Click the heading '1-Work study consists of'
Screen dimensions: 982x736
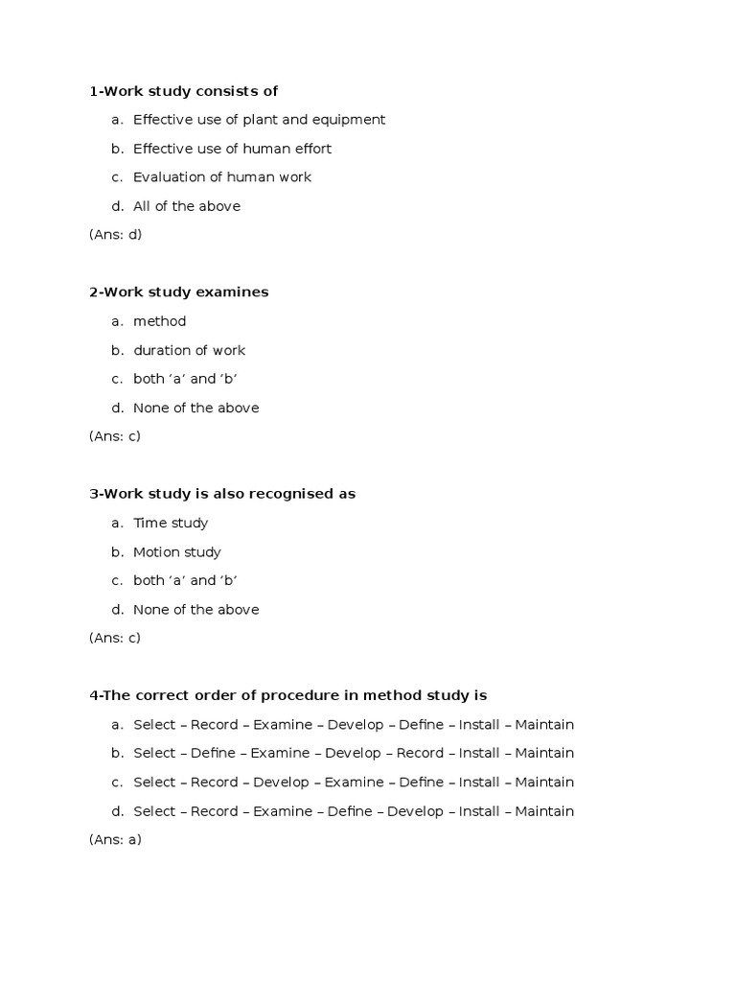[183, 91]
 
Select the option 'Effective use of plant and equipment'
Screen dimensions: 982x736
[259, 120]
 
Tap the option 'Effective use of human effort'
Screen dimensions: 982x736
[232, 149]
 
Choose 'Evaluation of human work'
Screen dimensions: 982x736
[221, 177]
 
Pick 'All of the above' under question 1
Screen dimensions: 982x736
[186, 206]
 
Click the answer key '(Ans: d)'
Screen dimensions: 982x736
[115, 235]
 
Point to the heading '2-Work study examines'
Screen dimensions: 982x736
[178, 292]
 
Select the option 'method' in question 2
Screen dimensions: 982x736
[159, 321]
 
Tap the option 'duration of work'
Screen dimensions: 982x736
[189, 350]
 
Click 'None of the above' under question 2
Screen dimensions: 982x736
[195, 408]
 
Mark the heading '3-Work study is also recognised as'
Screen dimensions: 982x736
[221, 494]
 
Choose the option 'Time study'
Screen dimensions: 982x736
[170, 523]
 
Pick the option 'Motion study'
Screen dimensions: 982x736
[176, 552]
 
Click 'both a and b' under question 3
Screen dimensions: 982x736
[185, 580]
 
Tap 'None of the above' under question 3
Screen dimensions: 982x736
[195, 610]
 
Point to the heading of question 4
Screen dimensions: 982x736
[287, 695]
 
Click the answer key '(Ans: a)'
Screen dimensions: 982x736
[115, 840]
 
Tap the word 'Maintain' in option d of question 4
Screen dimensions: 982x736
[544, 811]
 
